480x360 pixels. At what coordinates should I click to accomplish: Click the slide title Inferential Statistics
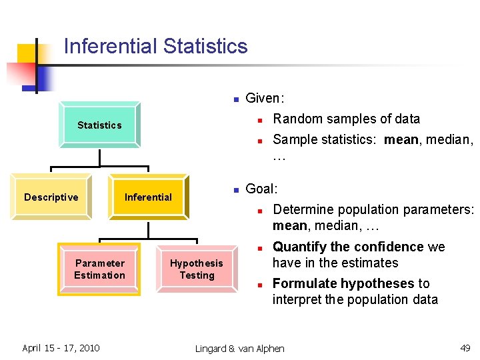[155, 47]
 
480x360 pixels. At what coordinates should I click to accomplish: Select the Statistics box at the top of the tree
[99, 125]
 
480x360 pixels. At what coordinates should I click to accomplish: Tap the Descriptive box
[51, 197]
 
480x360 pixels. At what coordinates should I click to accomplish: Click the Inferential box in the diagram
[148, 197]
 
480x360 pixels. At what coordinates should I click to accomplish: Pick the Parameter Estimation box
[99, 269]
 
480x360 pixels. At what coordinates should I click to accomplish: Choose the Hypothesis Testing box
[197, 269]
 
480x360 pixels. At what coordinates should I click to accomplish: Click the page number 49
[465, 348]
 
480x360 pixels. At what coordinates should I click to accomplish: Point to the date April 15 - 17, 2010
[61, 348]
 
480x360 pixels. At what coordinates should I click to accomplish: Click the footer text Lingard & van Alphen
[239, 349]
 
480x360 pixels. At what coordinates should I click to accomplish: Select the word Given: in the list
[265, 99]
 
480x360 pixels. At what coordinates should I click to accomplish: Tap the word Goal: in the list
[261, 189]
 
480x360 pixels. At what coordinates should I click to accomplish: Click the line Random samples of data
[346, 119]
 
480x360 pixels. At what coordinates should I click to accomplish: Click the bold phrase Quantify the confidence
[348, 247]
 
